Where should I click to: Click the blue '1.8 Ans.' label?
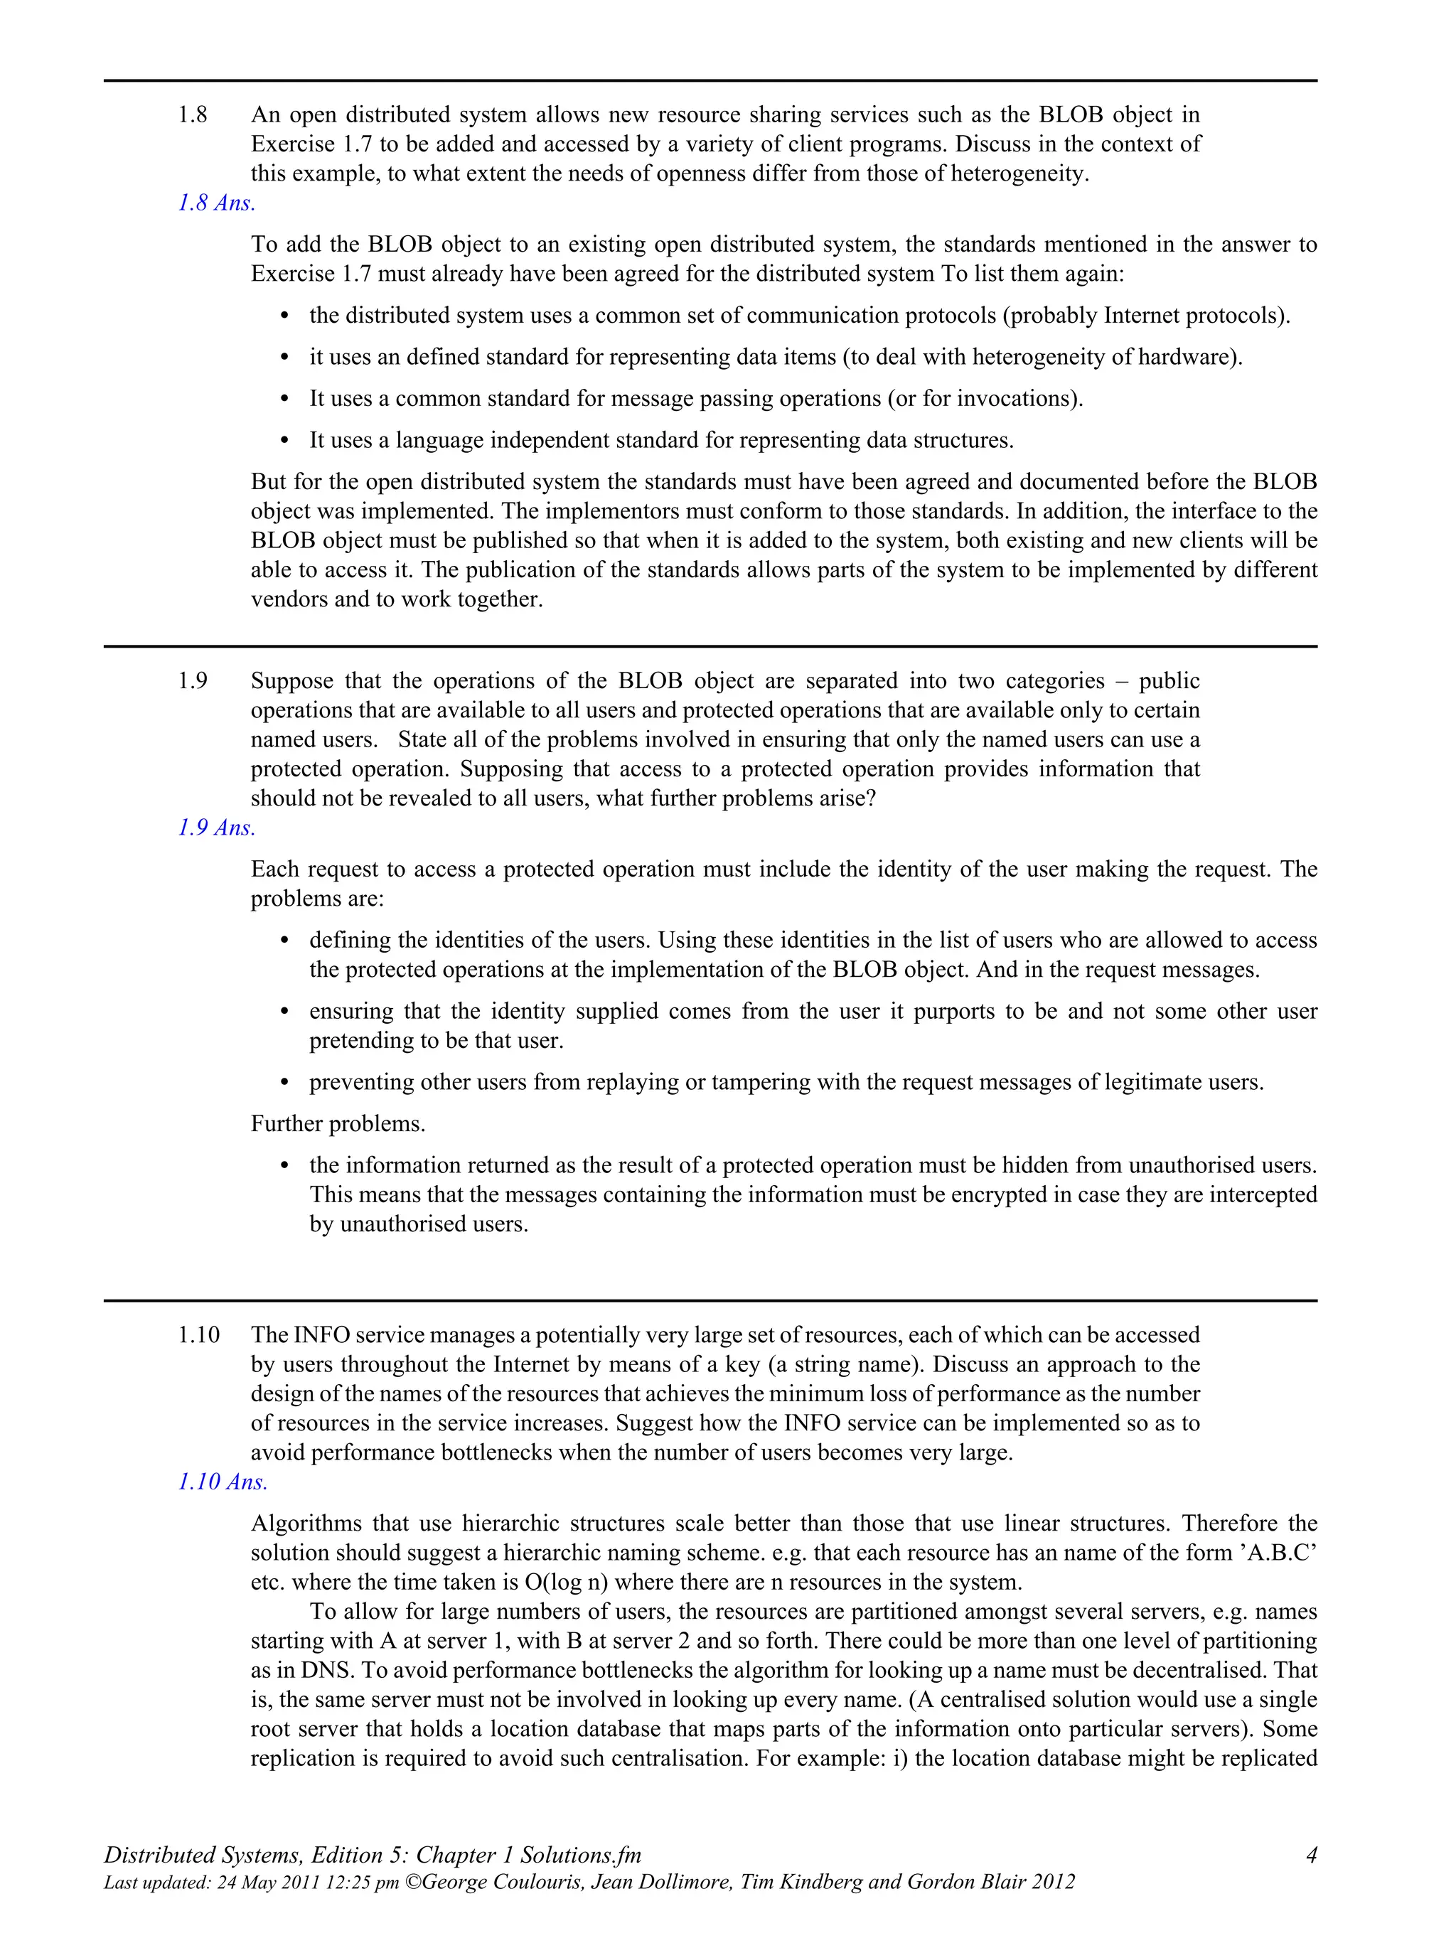pyautogui.click(x=216, y=203)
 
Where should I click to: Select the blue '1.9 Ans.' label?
pyautogui.click(x=216, y=828)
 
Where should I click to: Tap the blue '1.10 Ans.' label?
pyautogui.click(x=223, y=1482)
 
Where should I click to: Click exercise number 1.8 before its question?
pyautogui.click(x=193, y=114)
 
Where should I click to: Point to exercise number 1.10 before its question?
pyautogui.click(x=199, y=1335)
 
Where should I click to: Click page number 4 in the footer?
pyautogui.click(x=1310, y=1855)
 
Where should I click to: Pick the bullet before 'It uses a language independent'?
pyautogui.click(x=284, y=441)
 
